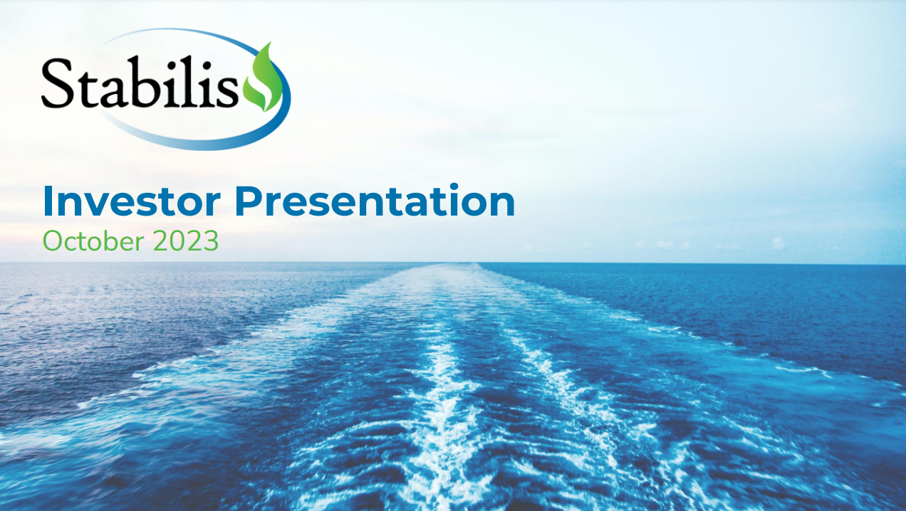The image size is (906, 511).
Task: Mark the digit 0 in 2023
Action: (179, 241)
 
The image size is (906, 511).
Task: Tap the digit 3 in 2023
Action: (210, 241)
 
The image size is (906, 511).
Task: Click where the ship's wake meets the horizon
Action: (456, 264)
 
